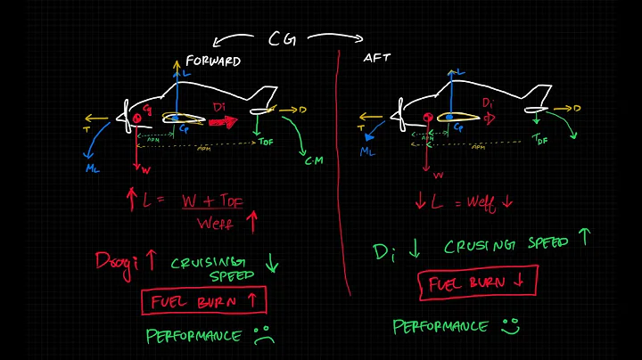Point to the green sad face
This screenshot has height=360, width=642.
tap(263, 336)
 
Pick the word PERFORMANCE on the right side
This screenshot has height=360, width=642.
tap(440, 327)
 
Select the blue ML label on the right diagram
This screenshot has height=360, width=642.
tap(367, 151)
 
